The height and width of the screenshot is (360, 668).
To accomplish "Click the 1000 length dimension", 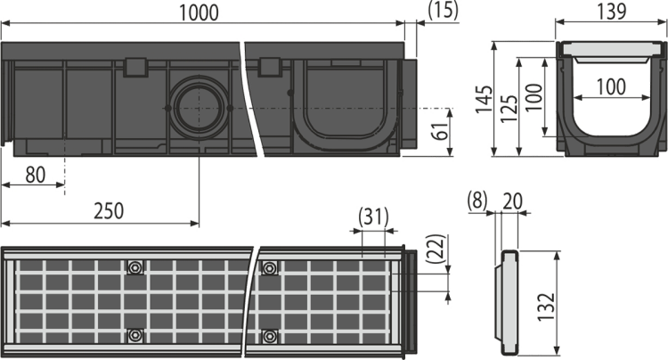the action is click(199, 12).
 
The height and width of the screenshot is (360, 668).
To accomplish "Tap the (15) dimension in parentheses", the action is click(443, 10).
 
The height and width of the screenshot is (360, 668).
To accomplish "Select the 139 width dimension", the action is click(611, 11).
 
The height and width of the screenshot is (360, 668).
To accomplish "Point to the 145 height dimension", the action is click(484, 100).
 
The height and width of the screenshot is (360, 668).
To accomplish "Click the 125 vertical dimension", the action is click(509, 109).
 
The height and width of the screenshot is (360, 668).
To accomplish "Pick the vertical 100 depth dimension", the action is click(534, 97).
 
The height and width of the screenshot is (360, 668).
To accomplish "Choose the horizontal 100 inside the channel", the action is click(611, 87).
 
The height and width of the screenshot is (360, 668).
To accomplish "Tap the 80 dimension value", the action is click(36, 175).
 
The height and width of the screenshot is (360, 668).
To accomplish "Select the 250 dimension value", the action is click(109, 211).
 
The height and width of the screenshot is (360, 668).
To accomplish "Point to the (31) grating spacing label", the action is click(373, 217).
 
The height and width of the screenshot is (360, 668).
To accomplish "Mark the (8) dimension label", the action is click(477, 200).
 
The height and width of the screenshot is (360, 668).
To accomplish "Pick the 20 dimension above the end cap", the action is click(512, 201).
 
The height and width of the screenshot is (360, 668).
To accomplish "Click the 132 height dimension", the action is click(547, 307).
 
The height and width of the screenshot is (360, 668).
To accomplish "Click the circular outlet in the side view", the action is click(199, 108).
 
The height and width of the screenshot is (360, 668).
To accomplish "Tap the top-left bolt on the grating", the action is click(136, 267).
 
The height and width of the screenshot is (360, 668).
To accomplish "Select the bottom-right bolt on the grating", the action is click(269, 336).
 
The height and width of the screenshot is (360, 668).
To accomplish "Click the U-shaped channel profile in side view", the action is click(345, 105).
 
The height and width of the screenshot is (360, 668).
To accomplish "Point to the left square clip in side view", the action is click(135, 68).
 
